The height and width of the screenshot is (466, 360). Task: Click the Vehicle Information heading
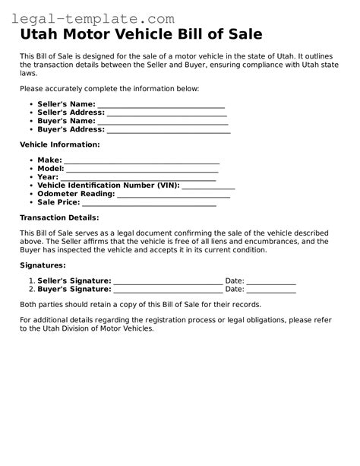(x=59, y=144)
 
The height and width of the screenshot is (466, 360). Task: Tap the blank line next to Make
(x=141, y=160)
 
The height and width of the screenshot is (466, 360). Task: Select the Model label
(x=50, y=169)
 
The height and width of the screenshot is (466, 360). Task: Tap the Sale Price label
(x=58, y=202)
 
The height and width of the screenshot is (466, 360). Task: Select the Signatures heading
(x=43, y=265)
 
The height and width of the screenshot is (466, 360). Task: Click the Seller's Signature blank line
(x=168, y=281)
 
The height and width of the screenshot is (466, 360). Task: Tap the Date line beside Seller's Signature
(x=271, y=281)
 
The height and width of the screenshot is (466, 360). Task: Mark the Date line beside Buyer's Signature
(x=271, y=290)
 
